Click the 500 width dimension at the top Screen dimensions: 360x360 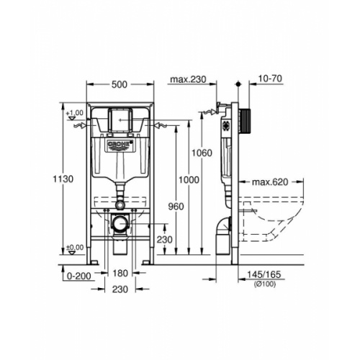click(120, 84)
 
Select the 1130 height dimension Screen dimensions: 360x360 click(63, 179)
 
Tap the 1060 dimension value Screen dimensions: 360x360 click(202, 153)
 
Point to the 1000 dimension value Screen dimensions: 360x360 click(189, 180)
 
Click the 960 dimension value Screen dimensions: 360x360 click(176, 207)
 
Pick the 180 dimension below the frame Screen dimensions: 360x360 click(120, 273)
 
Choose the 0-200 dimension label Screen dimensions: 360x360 click(79, 276)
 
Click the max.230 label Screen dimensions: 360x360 click(188, 79)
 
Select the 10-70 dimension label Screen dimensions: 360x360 click(271, 78)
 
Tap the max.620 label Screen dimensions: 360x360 click(270, 182)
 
